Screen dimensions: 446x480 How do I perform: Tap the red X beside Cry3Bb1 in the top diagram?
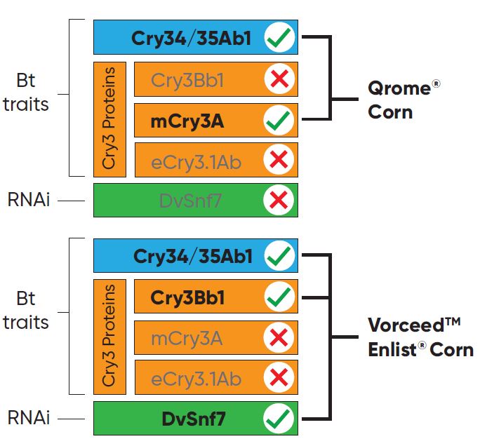(279, 80)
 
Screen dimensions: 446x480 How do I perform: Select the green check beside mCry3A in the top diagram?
(279, 121)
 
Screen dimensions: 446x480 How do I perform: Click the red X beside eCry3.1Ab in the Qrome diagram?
(279, 161)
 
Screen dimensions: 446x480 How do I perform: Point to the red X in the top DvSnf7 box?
(279, 201)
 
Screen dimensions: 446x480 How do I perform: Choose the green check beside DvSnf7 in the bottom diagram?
(279, 419)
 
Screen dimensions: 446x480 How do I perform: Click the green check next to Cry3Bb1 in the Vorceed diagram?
(279, 297)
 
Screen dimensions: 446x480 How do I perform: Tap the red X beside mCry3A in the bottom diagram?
(279, 338)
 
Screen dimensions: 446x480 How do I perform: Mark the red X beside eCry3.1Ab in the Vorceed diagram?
(279, 379)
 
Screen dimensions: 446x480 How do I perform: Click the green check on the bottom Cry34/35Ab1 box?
(279, 257)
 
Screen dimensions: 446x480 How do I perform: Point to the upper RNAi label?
(28, 201)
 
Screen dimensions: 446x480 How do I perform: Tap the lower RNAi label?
(28, 419)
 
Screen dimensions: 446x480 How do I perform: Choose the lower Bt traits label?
(26, 311)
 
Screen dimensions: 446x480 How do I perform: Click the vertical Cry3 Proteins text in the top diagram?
(109, 119)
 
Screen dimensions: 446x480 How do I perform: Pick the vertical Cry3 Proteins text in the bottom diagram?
(109, 336)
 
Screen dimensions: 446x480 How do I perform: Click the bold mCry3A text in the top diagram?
(187, 121)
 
